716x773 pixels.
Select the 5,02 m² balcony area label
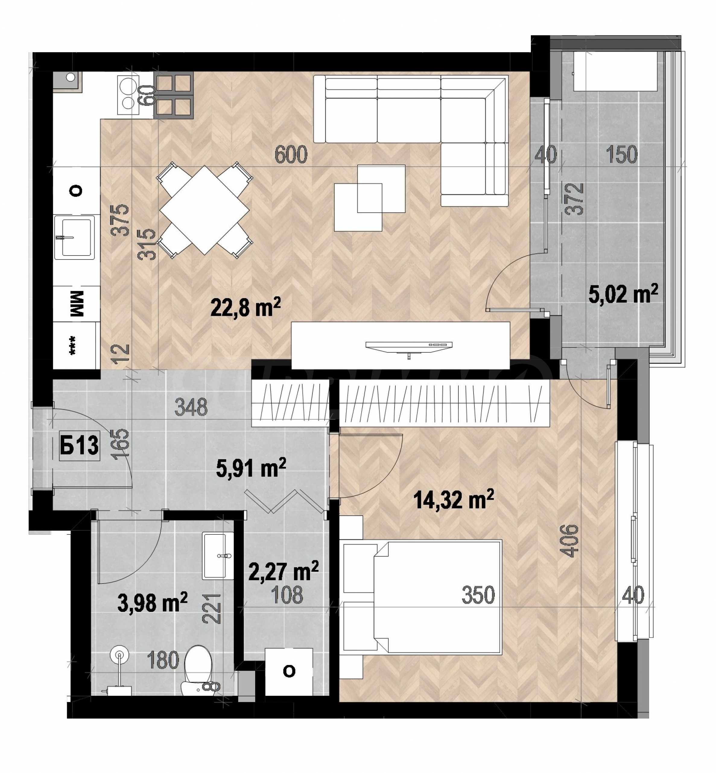click(x=623, y=294)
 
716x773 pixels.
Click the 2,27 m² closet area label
click(x=283, y=571)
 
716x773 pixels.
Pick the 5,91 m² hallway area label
click(x=251, y=468)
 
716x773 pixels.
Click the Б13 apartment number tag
click(x=79, y=445)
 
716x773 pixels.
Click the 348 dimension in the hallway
click(x=191, y=407)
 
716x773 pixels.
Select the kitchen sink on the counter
click(x=74, y=237)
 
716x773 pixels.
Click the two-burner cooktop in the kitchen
click(x=128, y=95)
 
